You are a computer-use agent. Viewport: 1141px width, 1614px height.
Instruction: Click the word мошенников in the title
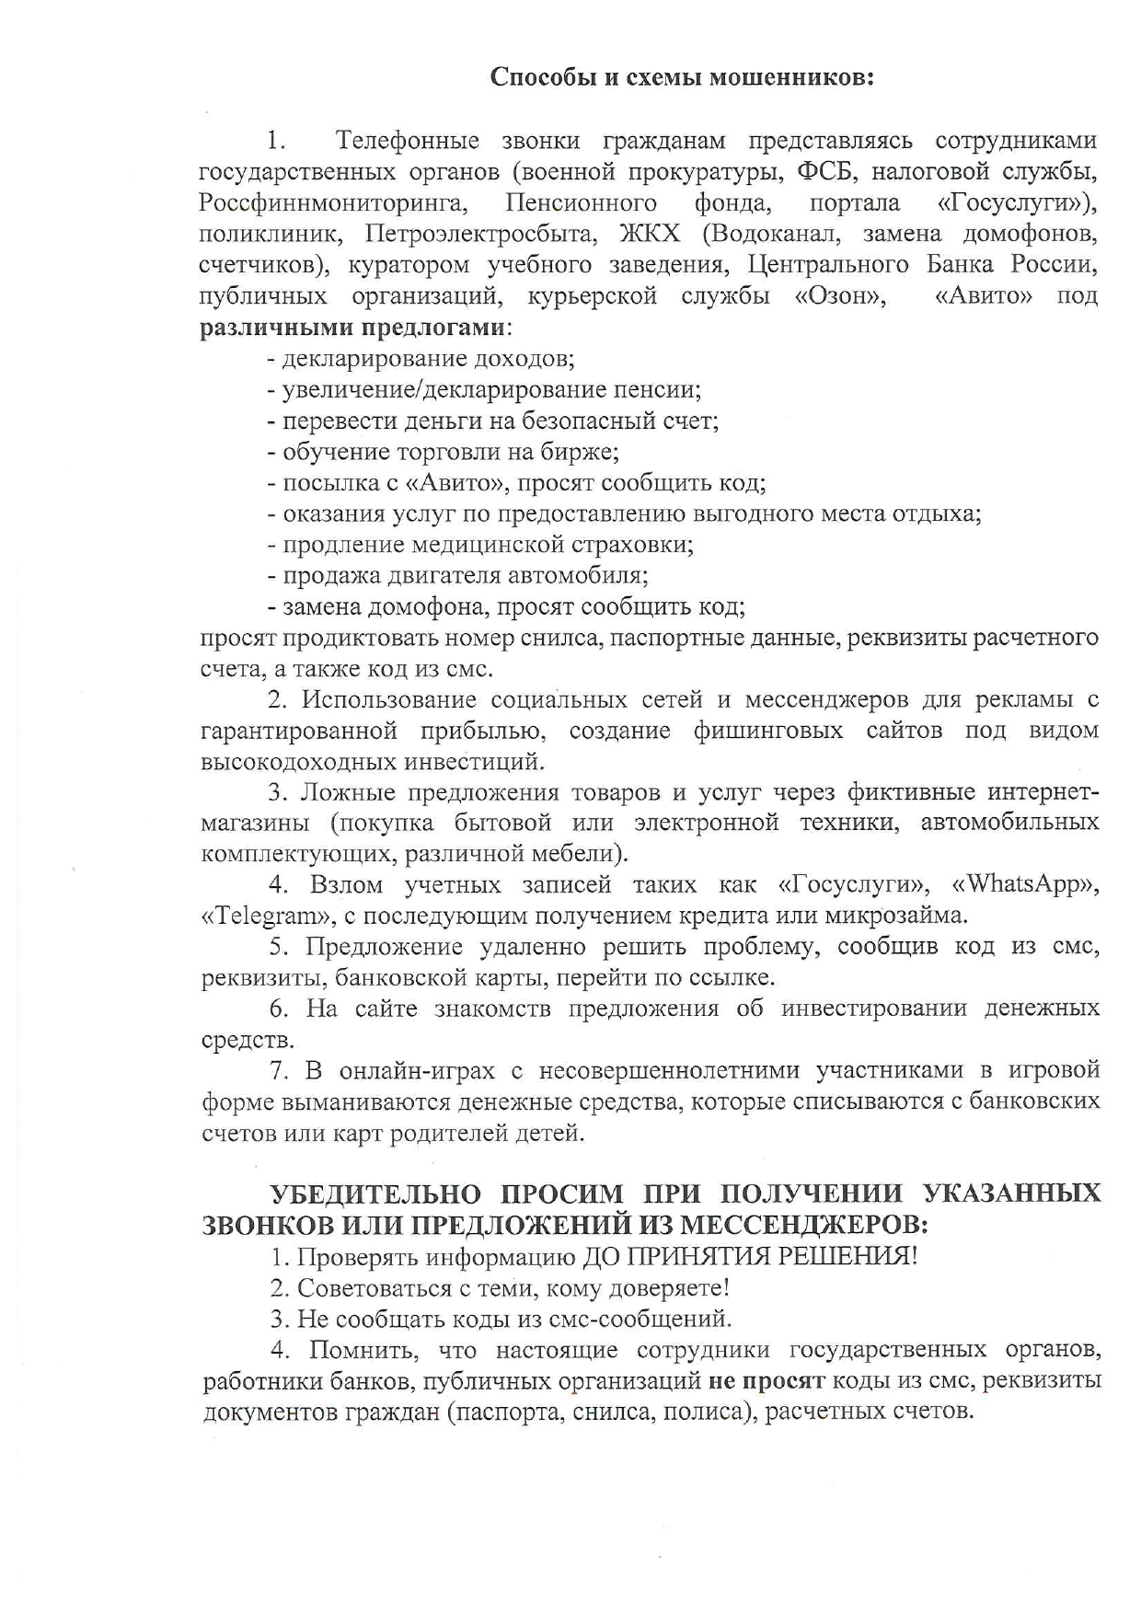click(x=793, y=77)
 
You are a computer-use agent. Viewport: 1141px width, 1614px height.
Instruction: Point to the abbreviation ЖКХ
click(x=651, y=234)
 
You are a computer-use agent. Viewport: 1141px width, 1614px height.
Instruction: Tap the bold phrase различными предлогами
click(x=352, y=328)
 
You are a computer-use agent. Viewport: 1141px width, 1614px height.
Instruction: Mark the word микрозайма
click(x=896, y=917)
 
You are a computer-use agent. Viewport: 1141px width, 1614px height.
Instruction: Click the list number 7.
click(x=277, y=1071)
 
